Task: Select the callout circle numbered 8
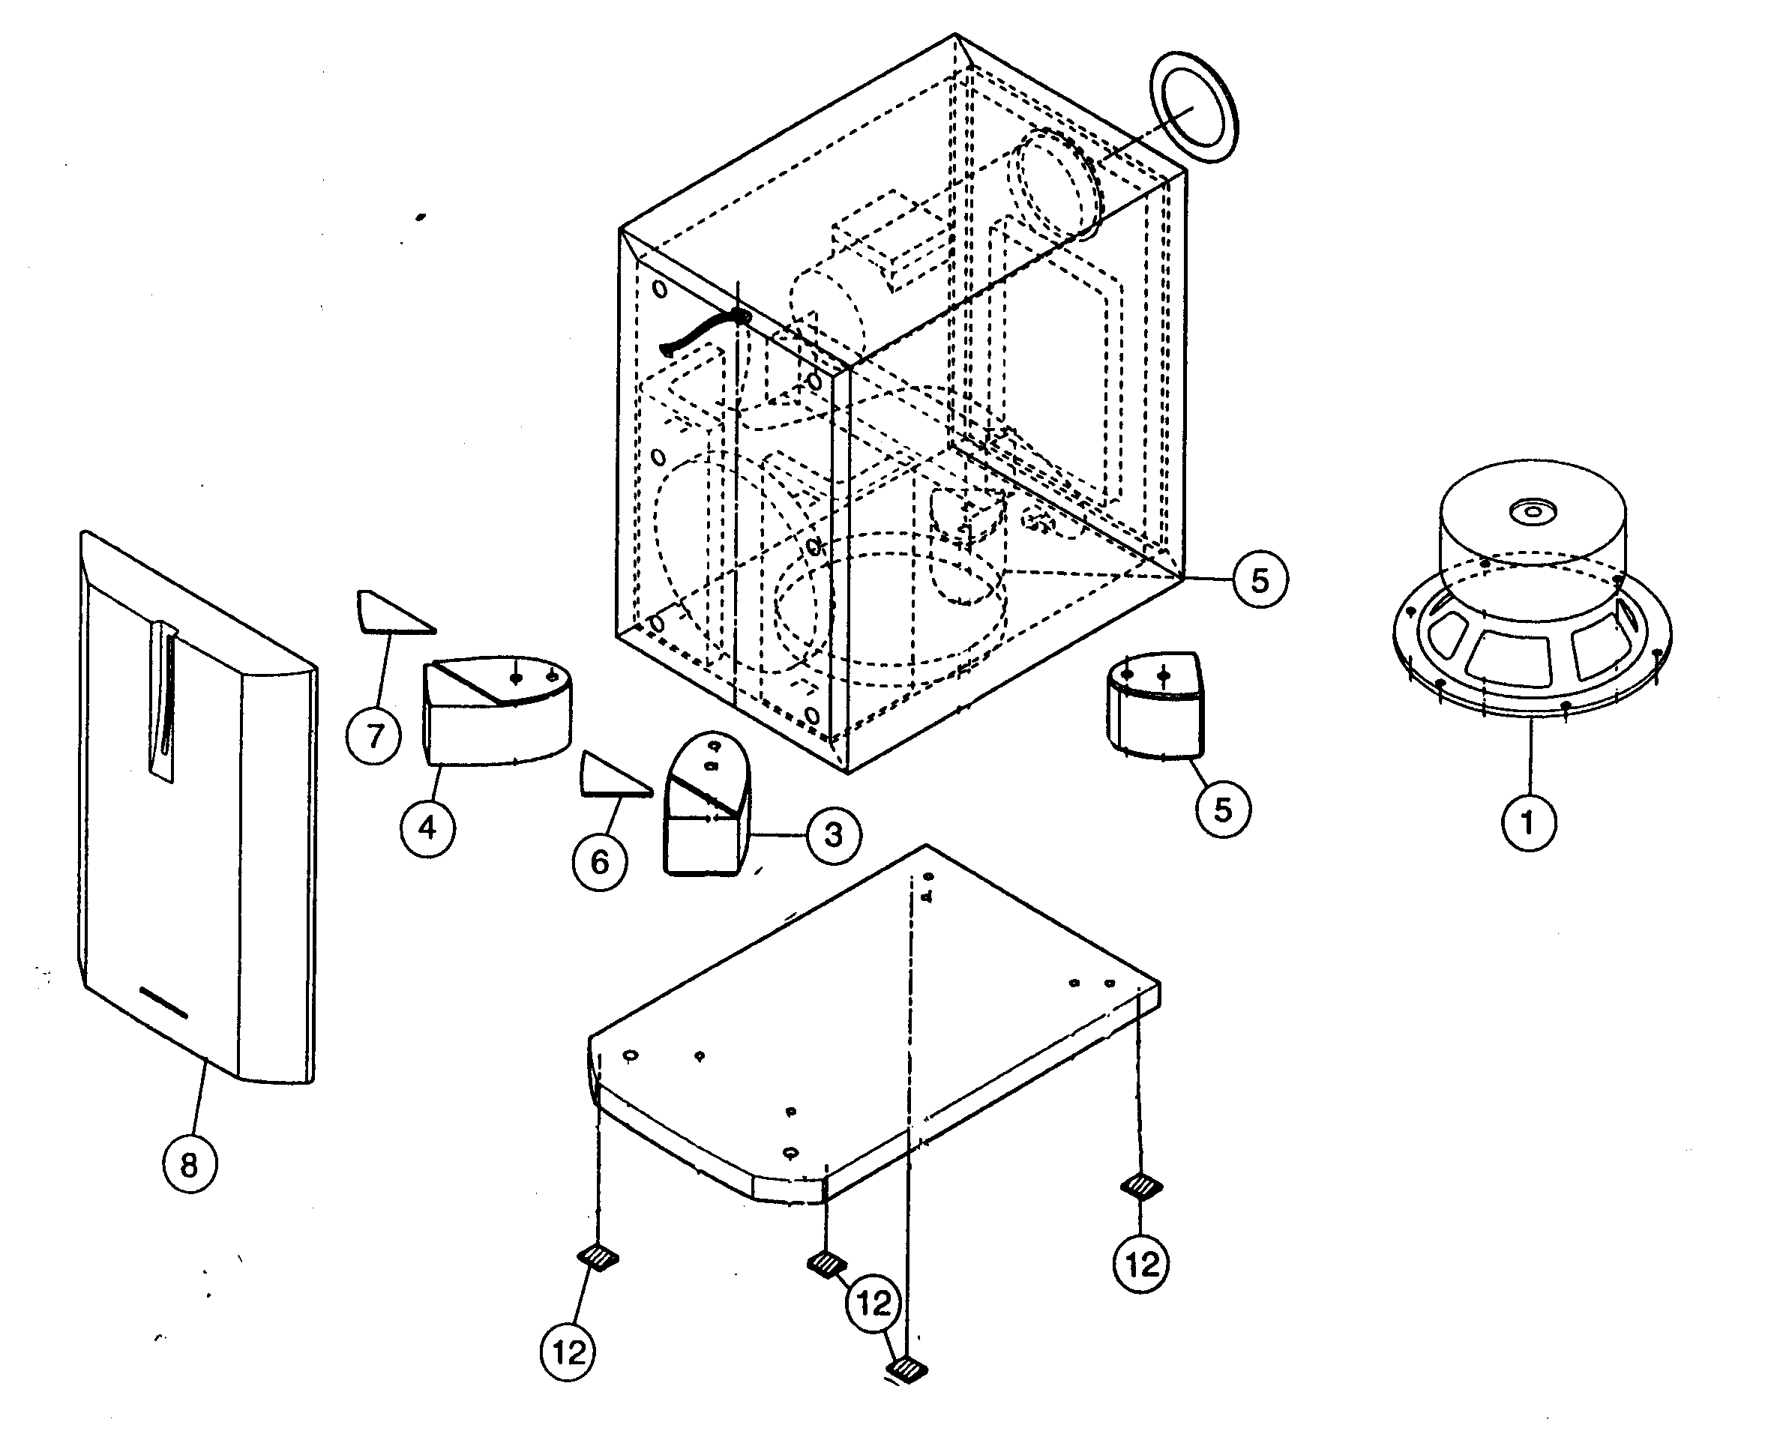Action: (x=189, y=1166)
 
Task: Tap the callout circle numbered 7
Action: (x=375, y=735)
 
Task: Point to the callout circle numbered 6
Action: (x=600, y=862)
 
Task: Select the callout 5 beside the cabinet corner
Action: (x=1260, y=581)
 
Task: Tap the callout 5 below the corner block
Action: (x=1222, y=810)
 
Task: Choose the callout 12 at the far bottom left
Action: (x=568, y=1352)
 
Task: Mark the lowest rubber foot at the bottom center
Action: (x=906, y=1370)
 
